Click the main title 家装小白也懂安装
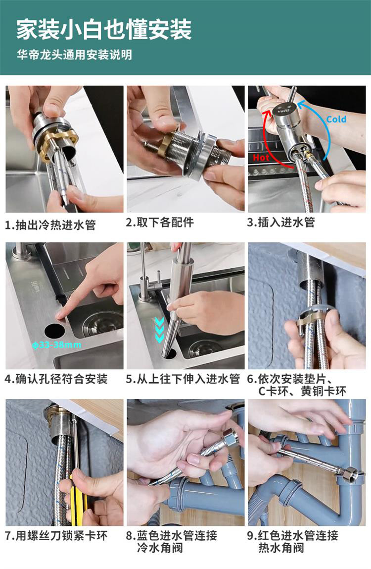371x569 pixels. [x=104, y=29]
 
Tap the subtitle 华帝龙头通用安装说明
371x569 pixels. [x=74, y=55]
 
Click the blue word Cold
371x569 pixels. [x=336, y=119]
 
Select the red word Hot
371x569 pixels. [x=261, y=158]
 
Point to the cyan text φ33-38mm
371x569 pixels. [x=56, y=344]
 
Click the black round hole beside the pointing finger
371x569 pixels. [x=55, y=330]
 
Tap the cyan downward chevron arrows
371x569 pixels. [x=159, y=330]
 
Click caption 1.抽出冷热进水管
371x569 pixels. [x=50, y=225]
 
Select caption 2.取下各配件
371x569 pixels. [x=160, y=222]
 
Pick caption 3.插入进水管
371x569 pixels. [x=281, y=222]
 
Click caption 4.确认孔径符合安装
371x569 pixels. [x=56, y=379]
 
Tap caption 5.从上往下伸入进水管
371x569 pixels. [x=183, y=379]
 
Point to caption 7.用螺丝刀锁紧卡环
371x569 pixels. [x=56, y=536]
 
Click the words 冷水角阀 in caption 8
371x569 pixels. [x=160, y=548]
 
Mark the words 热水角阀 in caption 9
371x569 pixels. [x=281, y=548]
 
